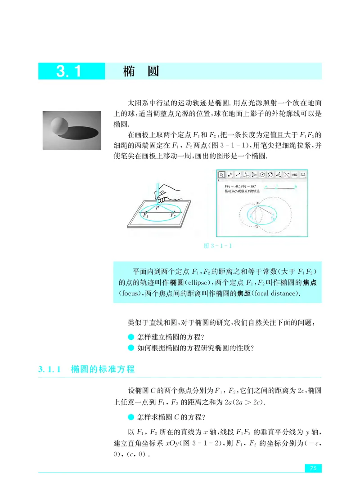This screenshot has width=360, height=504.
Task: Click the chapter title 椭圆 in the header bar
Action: click(x=141, y=71)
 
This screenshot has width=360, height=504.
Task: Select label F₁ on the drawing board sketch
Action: click(x=144, y=216)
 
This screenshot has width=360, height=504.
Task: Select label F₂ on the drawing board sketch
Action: click(x=172, y=216)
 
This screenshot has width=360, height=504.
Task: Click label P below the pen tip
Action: click(x=157, y=208)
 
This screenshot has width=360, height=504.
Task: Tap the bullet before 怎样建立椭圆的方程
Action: click(x=131, y=337)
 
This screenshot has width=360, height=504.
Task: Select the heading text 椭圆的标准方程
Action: click(x=103, y=370)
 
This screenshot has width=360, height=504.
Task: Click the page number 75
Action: click(x=313, y=468)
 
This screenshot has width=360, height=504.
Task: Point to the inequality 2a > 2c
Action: click(x=246, y=401)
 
